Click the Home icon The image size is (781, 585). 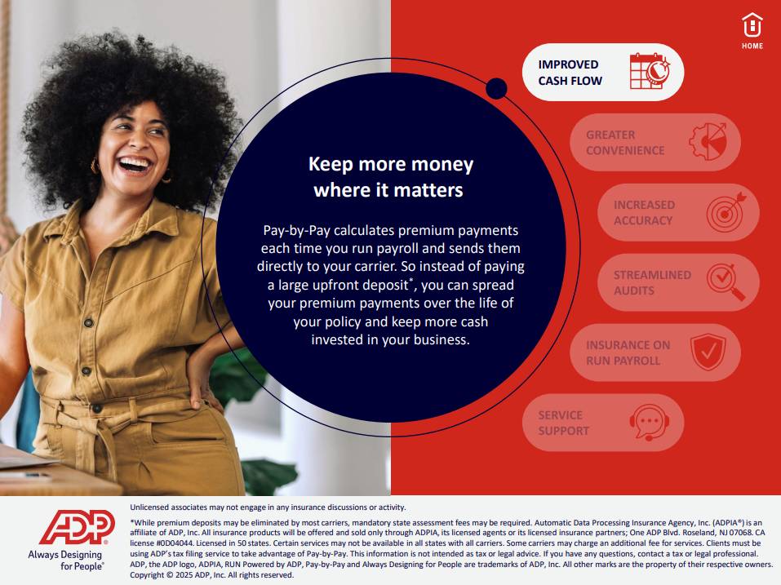[752, 31]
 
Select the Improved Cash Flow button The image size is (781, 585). [603, 72]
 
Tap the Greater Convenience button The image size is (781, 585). [655, 143]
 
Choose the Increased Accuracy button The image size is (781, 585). [678, 213]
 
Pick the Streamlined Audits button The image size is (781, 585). [678, 282]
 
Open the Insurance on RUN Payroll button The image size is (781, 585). [655, 352]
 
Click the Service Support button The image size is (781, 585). [603, 423]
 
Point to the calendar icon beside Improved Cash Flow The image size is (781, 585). [650, 72]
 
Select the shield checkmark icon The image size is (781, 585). [708, 352]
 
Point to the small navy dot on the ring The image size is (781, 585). [496, 89]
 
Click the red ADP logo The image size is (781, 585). [78, 527]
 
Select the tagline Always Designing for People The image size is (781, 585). [66, 560]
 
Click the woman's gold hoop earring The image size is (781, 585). [95, 166]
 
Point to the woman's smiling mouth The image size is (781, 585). [135, 164]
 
